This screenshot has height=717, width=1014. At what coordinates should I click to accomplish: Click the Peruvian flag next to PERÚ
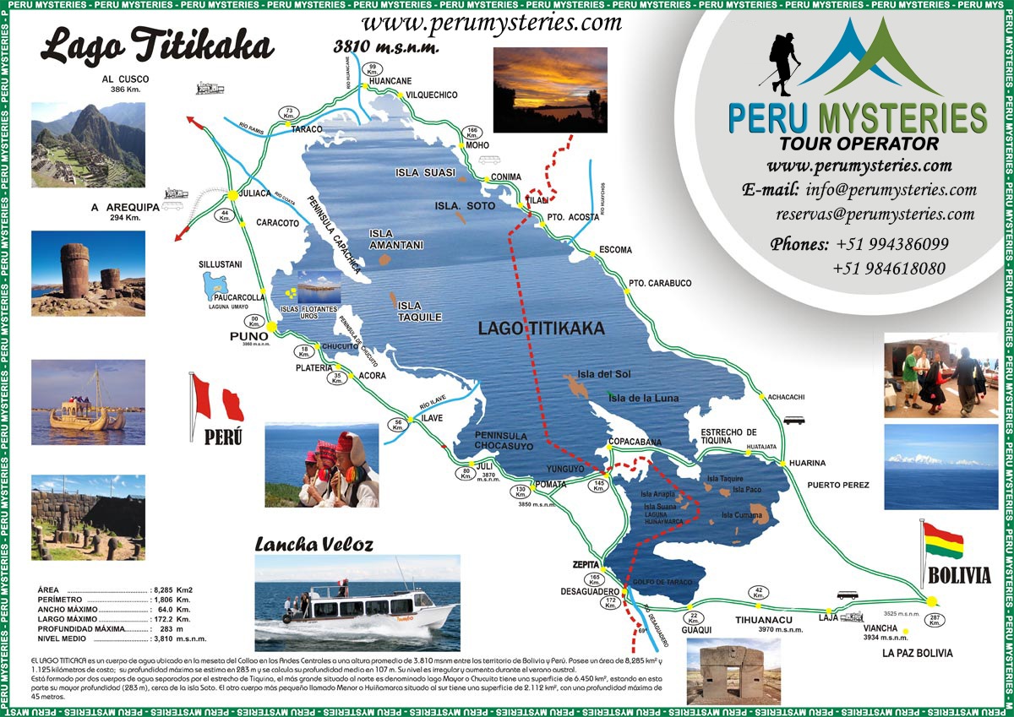click(x=216, y=399)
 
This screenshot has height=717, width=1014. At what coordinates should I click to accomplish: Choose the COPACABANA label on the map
click(x=635, y=442)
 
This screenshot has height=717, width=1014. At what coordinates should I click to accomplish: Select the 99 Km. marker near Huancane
click(x=372, y=69)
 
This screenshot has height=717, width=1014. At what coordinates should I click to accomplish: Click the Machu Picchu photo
click(x=88, y=144)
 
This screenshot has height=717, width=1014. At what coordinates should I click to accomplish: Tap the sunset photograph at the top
click(x=549, y=90)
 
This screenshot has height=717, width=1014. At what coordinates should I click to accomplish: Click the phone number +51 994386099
click(x=892, y=244)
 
